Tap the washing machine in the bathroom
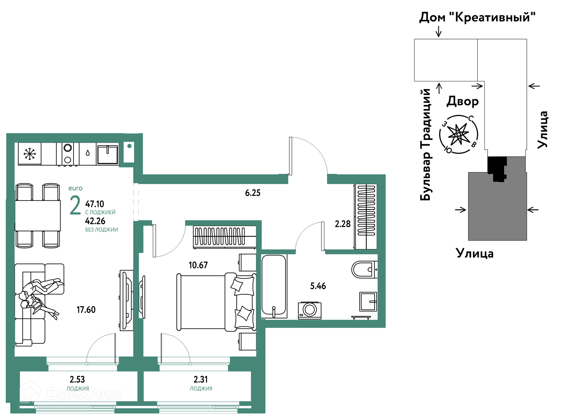[309, 310]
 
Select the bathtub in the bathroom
[274, 285]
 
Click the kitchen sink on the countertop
[108, 154]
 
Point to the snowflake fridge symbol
[30, 154]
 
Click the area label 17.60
[86, 310]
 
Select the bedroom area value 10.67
[198, 265]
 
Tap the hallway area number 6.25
[252, 193]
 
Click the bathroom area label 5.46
[318, 286]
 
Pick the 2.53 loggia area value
[77, 379]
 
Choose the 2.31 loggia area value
[201, 379]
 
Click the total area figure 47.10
[94, 204]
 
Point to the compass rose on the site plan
[458, 135]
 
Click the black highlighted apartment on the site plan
[497, 168]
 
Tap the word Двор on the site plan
[463, 101]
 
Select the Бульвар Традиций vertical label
[426, 145]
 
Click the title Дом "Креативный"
[477, 17]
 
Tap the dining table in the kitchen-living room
[38, 215]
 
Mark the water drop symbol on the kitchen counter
[88, 153]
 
